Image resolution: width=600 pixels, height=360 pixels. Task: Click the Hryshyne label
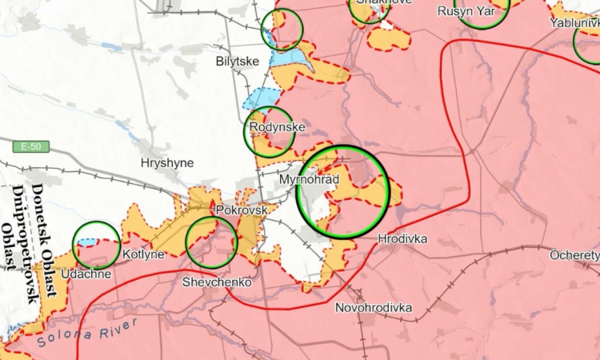coord(166,162)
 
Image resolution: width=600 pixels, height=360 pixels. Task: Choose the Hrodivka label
coord(402,238)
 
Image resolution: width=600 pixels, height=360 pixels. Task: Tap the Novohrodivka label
coord(373,307)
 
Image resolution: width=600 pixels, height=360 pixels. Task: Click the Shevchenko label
coord(217,282)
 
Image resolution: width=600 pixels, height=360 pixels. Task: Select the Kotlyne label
coord(144,254)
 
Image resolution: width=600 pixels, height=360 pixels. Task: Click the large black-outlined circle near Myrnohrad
coord(342,192)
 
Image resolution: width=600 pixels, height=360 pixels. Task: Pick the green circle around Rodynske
coord(269,131)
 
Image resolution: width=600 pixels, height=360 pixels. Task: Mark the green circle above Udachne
coord(96,245)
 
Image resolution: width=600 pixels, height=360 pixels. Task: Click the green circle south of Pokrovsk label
coord(211,242)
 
